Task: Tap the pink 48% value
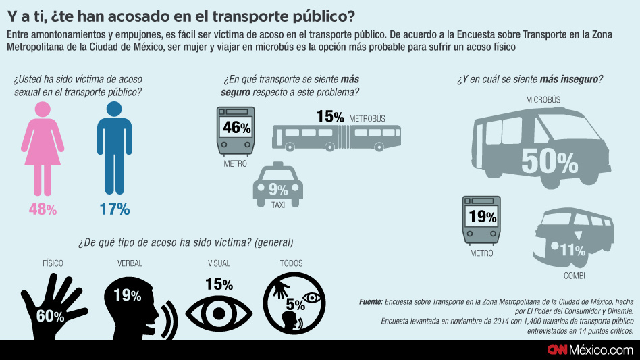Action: [x=43, y=209]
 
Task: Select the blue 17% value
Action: [x=115, y=209]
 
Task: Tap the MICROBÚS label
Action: [x=543, y=100]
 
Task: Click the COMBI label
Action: [x=574, y=276]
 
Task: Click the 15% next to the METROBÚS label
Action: [x=330, y=117]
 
